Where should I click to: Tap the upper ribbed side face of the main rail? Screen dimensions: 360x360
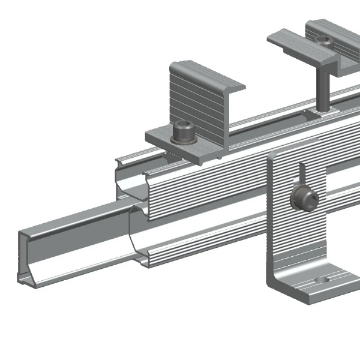coord(204,186)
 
